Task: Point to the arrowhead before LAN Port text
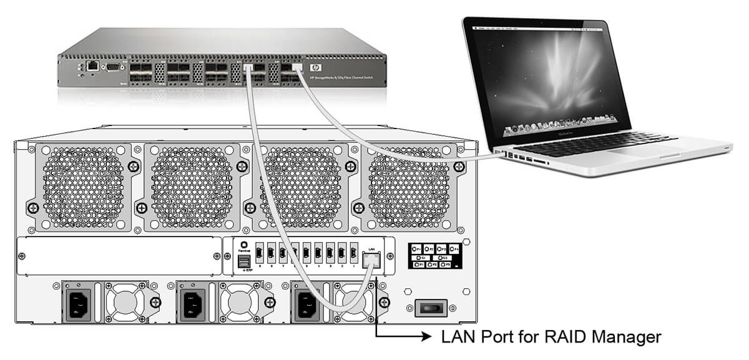click(426, 338)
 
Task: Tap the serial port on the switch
click(113, 66)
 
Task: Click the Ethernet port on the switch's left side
click(92, 64)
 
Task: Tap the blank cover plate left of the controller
click(119, 255)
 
